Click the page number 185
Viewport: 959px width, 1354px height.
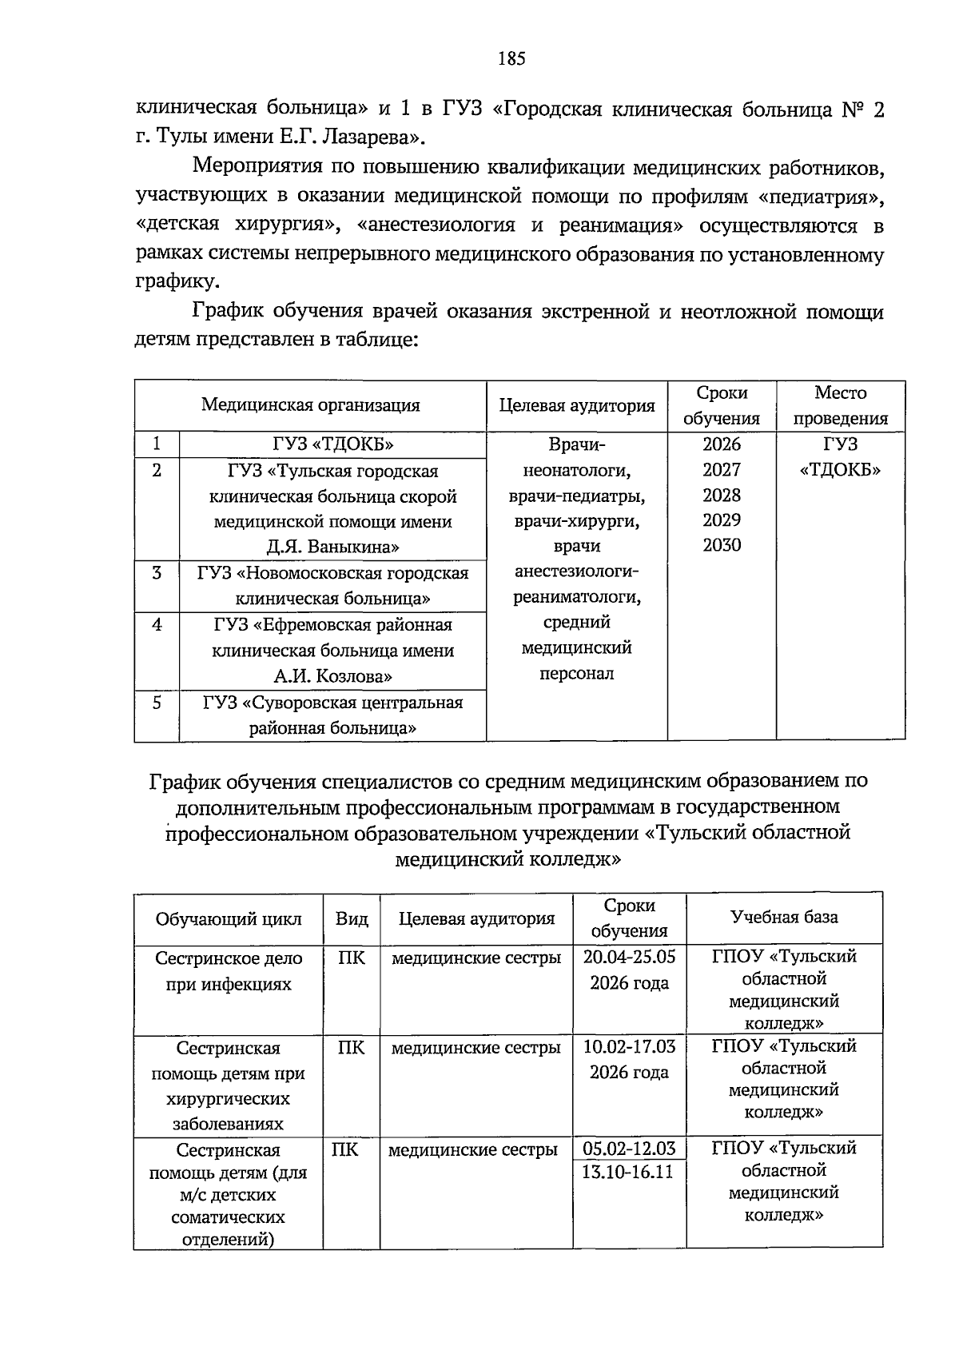(511, 58)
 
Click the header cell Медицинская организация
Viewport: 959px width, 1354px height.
(310, 405)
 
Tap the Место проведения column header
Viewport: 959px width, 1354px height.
(840, 405)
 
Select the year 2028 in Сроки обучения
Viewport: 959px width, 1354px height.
(722, 495)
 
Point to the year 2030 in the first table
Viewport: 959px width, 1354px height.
(722, 545)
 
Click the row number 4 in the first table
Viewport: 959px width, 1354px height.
(157, 624)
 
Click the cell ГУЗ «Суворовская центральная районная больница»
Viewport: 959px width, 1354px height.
(332, 715)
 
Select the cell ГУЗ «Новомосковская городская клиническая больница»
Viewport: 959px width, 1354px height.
(332, 585)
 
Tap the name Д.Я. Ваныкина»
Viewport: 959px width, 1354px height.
(332, 548)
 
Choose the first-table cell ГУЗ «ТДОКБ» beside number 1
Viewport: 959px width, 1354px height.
(332, 444)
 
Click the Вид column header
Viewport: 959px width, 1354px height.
(352, 918)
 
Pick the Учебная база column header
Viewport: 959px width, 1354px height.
(784, 917)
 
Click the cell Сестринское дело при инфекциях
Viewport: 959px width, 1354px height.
(229, 971)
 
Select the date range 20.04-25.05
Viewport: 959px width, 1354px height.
(629, 957)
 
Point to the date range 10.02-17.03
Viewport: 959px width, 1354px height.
(629, 1046)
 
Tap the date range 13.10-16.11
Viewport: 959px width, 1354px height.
(627, 1172)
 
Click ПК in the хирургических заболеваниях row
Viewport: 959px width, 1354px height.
(352, 1047)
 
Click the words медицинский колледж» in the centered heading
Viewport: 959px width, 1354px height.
(508, 859)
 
